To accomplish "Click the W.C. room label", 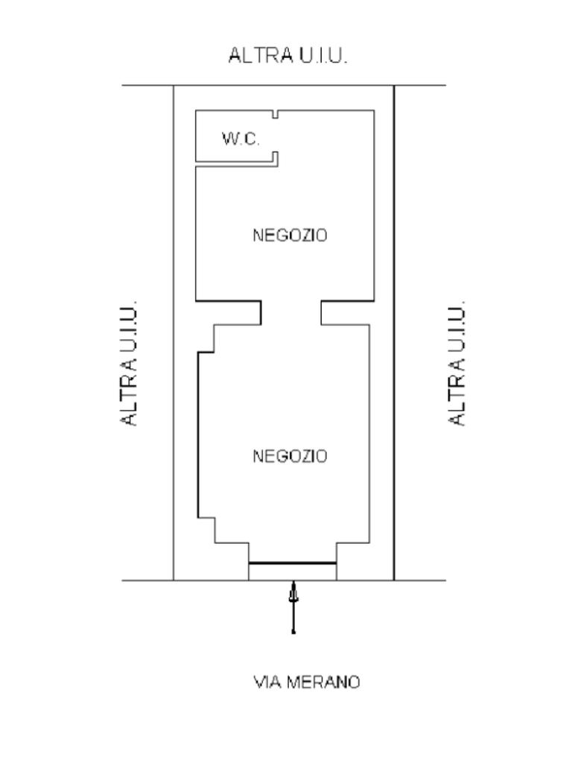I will [241, 139].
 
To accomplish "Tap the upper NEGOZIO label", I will [290, 235].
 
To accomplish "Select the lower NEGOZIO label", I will [290, 456].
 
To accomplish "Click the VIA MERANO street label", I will [307, 682].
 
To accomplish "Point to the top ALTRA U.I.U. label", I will [288, 56].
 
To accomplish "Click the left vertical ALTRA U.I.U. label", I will [130, 364].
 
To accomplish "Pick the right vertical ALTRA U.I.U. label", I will [457, 364].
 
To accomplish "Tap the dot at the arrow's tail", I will [293, 633].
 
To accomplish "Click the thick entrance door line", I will [292, 563].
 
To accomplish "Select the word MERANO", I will [325, 682].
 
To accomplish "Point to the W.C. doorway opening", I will [276, 136].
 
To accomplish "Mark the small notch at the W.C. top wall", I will [276, 115].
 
